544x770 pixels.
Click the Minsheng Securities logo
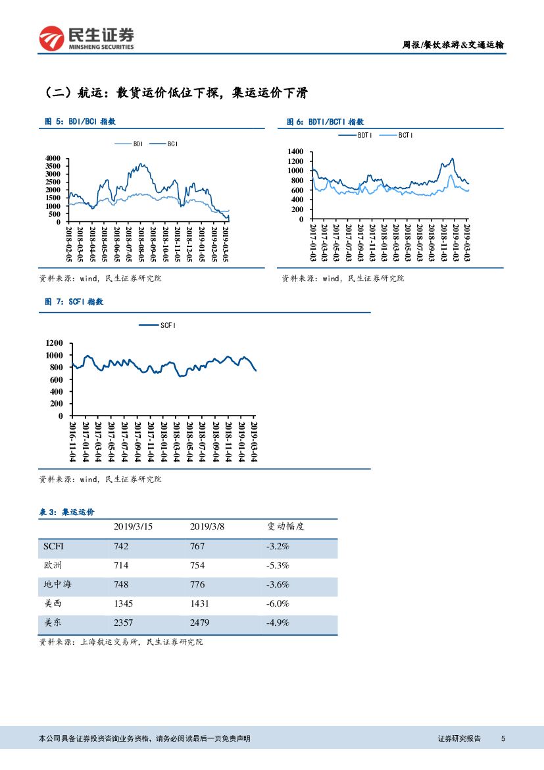[x=86, y=38]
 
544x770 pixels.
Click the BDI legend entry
[x=132, y=144]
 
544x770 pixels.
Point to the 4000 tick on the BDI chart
[x=52, y=159]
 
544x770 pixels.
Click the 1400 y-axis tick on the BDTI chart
[x=295, y=152]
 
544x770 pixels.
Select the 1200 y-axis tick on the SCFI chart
[x=55, y=343]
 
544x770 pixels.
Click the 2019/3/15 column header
[x=133, y=527]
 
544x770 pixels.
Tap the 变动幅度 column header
[x=285, y=527]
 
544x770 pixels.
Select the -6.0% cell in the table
[x=278, y=603]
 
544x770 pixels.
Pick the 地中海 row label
[x=57, y=584]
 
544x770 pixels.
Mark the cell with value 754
[x=197, y=565]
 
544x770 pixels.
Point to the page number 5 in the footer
[x=503, y=738]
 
